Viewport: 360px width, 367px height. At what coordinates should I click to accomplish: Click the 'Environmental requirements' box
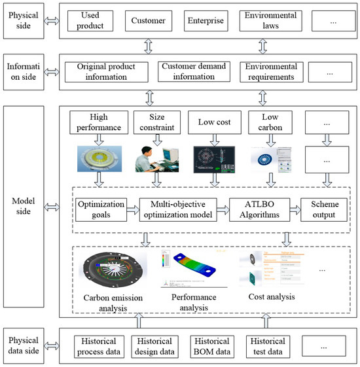(268, 72)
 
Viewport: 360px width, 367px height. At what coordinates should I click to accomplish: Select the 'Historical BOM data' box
(212, 346)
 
